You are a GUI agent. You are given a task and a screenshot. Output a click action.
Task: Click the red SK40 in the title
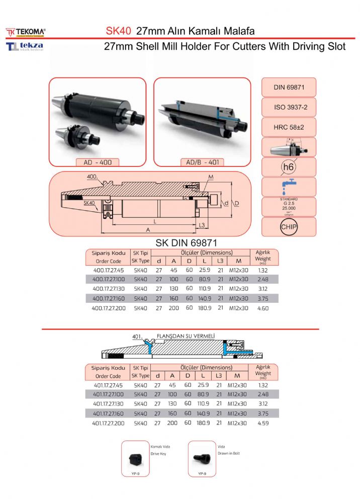pos(118,31)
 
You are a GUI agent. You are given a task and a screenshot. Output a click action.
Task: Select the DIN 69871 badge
pos(289,87)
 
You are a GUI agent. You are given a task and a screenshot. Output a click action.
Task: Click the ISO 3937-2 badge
pos(289,107)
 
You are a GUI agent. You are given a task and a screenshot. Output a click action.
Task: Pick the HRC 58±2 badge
pos(289,127)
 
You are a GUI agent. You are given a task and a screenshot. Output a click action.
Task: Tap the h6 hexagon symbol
pos(289,167)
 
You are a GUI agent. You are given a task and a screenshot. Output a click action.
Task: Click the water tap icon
pos(289,187)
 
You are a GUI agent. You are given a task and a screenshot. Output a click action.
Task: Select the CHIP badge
pos(289,227)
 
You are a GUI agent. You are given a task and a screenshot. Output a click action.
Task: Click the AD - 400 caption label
pos(98,162)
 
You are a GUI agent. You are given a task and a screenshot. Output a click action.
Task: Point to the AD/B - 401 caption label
pos(202,162)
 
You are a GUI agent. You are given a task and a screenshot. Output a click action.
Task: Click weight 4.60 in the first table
pos(263,308)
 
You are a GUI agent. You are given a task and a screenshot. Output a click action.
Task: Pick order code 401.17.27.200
pos(108,424)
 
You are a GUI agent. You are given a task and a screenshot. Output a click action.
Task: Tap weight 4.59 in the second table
pos(263,424)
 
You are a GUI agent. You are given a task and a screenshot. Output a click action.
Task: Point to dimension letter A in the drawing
pos(148,229)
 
